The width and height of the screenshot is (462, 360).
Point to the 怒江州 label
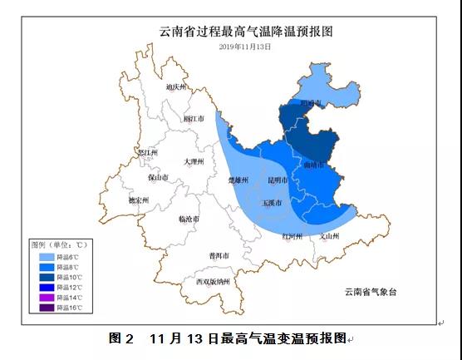[148, 153]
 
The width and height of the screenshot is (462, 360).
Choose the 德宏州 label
[139, 200]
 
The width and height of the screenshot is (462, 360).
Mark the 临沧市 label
[189, 219]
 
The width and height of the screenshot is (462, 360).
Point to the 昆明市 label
[278, 180]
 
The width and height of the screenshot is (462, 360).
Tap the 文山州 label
[331, 236]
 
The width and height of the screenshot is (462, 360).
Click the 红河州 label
[292, 236]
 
